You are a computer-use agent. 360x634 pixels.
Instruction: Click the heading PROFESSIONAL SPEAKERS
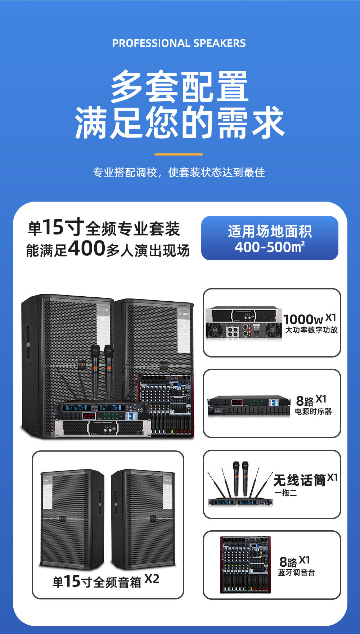(x=179, y=43)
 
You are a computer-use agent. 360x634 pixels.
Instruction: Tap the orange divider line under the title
(x=179, y=154)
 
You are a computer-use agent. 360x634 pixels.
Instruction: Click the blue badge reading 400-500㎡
(x=270, y=238)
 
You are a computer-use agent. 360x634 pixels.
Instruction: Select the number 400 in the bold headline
(x=86, y=248)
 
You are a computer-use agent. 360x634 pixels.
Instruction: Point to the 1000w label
(x=303, y=319)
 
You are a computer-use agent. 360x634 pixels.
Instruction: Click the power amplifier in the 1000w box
(x=244, y=322)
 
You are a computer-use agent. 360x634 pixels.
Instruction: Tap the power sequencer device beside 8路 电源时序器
(x=249, y=406)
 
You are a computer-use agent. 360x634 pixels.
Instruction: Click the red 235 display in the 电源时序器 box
(x=237, y=402)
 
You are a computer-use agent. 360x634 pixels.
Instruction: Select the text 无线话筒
(x=300, y=480)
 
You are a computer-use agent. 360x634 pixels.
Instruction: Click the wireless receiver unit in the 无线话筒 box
(x=240, y=502)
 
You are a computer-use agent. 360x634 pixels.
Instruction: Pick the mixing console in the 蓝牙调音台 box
(x=246, y=565)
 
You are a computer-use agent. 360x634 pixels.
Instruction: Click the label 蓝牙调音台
(x=296, y=572)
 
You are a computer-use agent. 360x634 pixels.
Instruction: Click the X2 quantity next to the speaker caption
(x=152, y=579)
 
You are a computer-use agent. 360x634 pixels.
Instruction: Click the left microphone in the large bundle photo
(x=95, y=371)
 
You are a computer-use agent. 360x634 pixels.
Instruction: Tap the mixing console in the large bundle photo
(x=166, y=405)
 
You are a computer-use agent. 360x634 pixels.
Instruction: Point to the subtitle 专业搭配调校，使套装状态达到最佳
(x=179, y=172)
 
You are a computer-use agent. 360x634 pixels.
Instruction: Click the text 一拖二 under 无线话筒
(x=285, y=493)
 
